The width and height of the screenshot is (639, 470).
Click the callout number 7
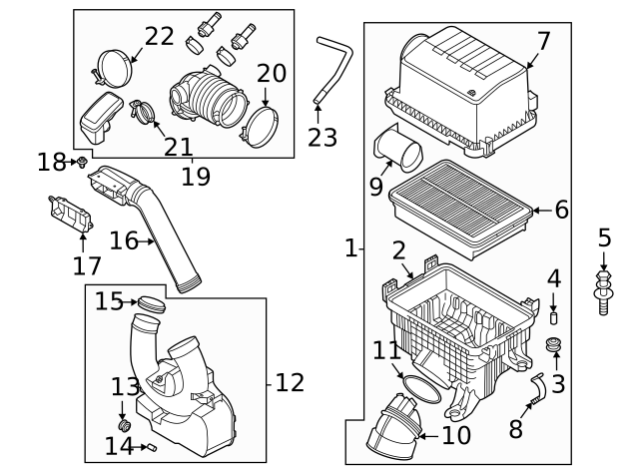tap(543, 41)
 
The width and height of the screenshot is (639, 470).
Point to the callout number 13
tap(125, 387)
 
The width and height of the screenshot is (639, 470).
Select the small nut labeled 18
tap(81, 161)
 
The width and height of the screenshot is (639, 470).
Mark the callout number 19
tap(196, 177)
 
